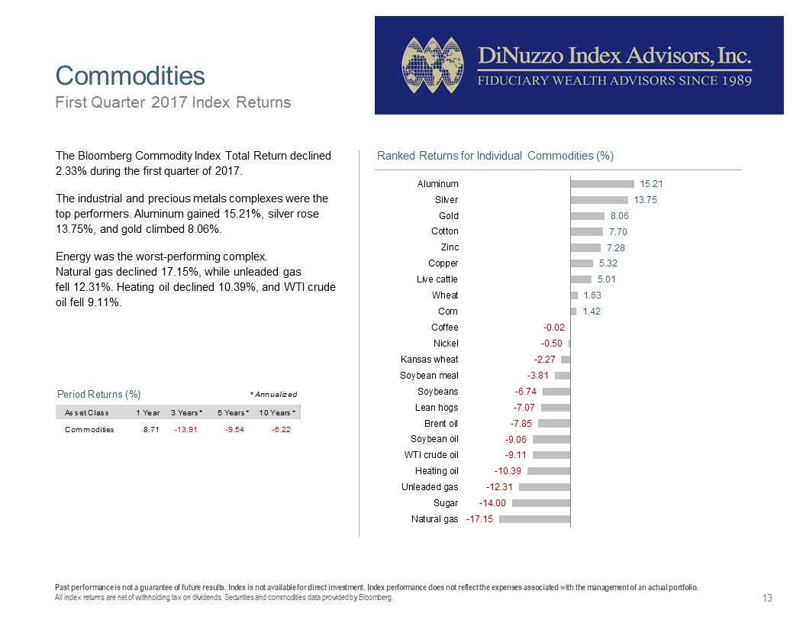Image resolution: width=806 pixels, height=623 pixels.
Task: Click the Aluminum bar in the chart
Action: tap(602, 184)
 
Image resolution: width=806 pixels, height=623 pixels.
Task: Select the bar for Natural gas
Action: tap(534, 519)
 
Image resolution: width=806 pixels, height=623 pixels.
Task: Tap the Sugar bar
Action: tap(541, 503)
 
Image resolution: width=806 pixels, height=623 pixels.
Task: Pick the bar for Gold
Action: tap(588, 216)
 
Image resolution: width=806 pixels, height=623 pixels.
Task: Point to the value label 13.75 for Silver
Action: tap(645, 200)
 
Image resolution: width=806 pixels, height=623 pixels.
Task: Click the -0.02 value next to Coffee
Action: tap(553, 328)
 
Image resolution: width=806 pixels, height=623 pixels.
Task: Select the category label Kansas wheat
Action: tap(429, 360)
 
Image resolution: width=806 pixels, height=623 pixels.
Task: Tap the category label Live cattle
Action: tap(437, 279)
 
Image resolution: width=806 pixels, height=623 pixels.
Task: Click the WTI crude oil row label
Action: tap(431, 455)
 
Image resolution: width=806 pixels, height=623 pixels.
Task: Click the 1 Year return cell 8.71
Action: tap(151, 430)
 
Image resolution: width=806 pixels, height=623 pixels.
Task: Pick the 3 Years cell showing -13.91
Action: tap(185, 430)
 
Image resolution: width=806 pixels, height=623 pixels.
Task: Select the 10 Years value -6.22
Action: tap(281, 430)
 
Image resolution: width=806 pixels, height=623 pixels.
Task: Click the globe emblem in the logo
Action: tap(433, 66)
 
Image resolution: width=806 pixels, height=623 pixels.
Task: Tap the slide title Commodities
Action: tap(130, 76)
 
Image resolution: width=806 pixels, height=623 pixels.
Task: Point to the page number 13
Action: tap(767, 598)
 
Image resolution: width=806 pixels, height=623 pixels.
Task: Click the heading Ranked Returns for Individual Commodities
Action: tap(495, 156)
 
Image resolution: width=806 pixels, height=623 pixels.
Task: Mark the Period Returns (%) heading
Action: tap(98, 394)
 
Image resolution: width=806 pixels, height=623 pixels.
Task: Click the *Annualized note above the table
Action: tap(273, 394)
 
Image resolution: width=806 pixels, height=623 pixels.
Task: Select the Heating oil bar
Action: tap(549, 471)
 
